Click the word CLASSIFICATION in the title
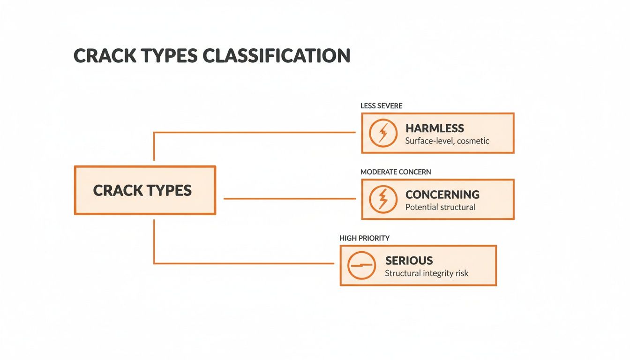[277, 56]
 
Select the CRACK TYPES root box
[145, 190]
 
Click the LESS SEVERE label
[381, 106]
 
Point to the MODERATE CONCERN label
[396, 172]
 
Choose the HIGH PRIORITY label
[364, 238]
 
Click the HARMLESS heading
[435, 128]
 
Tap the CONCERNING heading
[442, 195]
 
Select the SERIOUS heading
[409, 261]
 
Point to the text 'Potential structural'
[440, 207]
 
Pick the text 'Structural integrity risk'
[426, 273]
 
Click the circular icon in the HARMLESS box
[383, 133]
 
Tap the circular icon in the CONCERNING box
[383, 199]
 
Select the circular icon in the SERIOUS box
[361, 265]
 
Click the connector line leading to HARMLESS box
[253, 132]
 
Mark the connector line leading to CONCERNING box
[289, 199]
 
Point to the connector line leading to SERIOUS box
[244, 263]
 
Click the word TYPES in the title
[162, 56]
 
